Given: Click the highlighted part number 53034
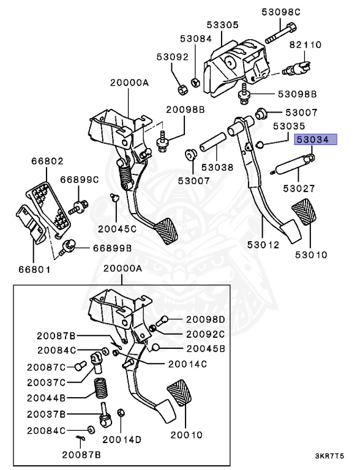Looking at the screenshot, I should click(313, 140).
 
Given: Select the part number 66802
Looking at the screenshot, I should click(47, 162).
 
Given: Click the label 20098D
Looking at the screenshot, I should click(205, 319).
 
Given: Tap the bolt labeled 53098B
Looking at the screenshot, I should click(244, 94).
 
